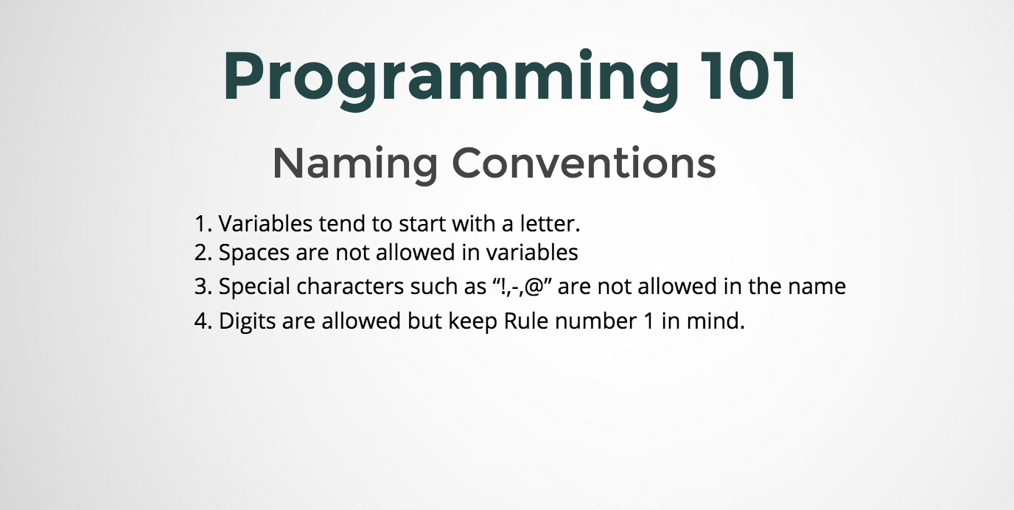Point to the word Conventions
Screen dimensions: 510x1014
[584, 163]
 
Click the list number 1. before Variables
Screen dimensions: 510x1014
[203, 223]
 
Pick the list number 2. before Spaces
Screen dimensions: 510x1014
[203, 253]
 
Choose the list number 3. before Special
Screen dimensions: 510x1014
[203, 287]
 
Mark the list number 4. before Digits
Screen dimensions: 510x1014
[203, 322]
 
